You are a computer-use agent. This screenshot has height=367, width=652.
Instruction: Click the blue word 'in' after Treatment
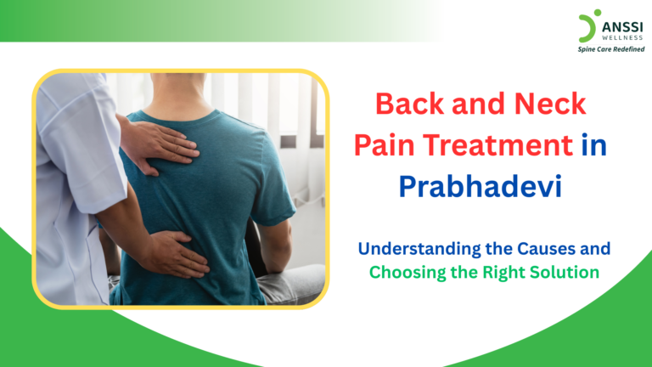tap(595, 146)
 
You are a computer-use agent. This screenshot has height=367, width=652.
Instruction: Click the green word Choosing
tap(404, 273)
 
